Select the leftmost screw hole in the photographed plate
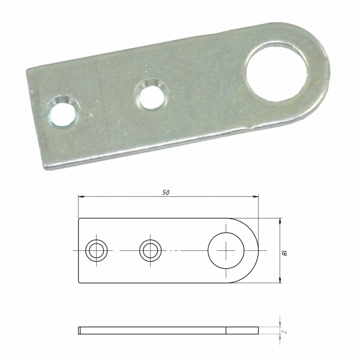click(x=62, y=113)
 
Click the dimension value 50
click(x=166, y=193)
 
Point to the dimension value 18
click(x=284, y=253)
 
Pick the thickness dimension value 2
click(x=284, y=332)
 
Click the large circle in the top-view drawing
click(x=226, y=250)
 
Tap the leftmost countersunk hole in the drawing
click(x=97, y=250)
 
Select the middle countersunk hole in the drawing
click(x=151, y=250)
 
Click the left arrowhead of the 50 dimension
click(x=81, y=197)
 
